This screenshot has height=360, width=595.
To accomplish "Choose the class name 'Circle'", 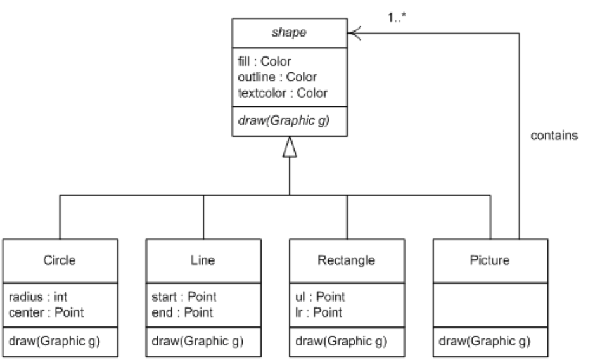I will (60, 260).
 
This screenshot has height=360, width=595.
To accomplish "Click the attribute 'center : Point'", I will (46, 312).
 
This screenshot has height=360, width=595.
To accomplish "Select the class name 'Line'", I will (203, 260).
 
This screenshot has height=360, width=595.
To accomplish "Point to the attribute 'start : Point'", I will (184, 297).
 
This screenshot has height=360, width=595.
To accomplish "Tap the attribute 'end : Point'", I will (182, 312).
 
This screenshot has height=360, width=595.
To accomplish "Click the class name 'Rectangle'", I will (347, 260).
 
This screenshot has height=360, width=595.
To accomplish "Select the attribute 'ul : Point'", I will (320, 297).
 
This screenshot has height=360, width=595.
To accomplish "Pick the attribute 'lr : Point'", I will (319, 312).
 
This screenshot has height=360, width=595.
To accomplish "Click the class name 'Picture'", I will (490, 260).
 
